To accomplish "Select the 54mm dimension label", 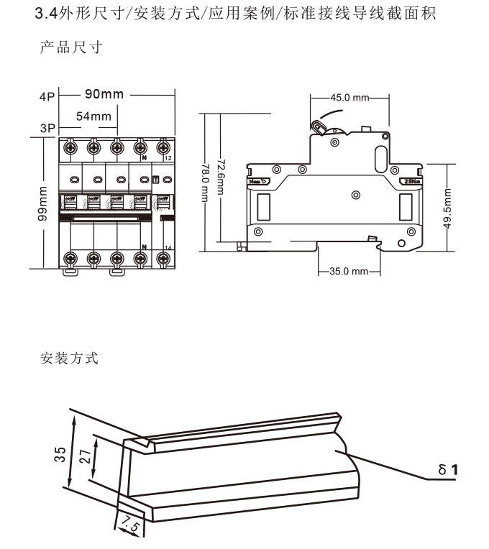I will [x=94, y=116].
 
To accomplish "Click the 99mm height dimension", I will [x=44, y=203].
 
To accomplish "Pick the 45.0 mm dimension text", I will [x=349, y=98].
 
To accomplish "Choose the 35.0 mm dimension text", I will [x=349, y=272].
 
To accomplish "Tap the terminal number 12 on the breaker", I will [x=168, y=157].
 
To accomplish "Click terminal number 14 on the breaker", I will [x=168, y=246].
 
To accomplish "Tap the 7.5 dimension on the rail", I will [x=129, y=522].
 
